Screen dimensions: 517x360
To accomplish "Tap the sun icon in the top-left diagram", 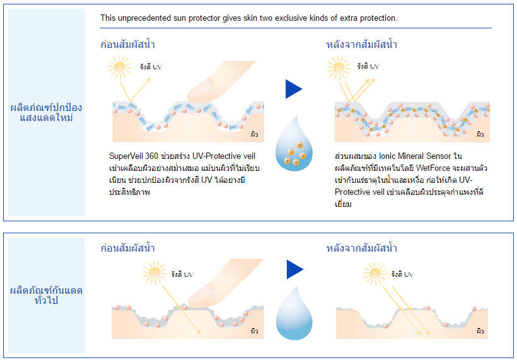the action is click(x=119, y=67).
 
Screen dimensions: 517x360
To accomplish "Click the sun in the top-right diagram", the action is click(x=339, y=67).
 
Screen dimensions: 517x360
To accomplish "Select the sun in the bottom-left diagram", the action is click(x=154, y=272).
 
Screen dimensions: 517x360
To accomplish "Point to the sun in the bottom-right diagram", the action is click(x=375, y=274).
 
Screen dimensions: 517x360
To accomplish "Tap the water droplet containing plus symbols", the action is click(x=294, y=144).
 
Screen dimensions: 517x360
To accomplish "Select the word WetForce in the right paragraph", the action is click(x=433, y=168).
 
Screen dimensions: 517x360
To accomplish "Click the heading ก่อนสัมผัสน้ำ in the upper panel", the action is click(x=127, y=44).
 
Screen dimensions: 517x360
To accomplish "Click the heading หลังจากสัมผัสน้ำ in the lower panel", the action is click(x=362, y=248).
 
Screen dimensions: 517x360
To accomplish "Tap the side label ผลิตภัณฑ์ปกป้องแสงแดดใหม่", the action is click(x=46, y=112).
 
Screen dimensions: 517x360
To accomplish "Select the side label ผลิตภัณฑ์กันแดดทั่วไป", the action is click(x=46, y=295).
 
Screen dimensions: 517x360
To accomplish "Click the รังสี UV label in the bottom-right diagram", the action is click(x=402, y=274).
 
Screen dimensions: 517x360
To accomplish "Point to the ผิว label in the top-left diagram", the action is click(x=254, y=134).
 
